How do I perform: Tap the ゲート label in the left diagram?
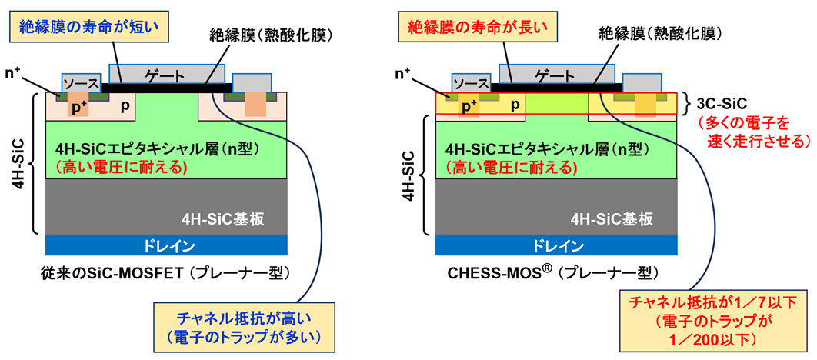pyautogui.click(x=167, y=75)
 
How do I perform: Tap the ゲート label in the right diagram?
pyautogui.click(x=557, y=75)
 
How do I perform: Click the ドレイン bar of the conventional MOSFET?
pyautogui.click(x=167, y=245)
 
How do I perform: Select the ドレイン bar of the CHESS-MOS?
pyautogui.click(x=556, y=245)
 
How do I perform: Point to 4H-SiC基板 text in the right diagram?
pyautogui.click(x=615, y=218)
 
